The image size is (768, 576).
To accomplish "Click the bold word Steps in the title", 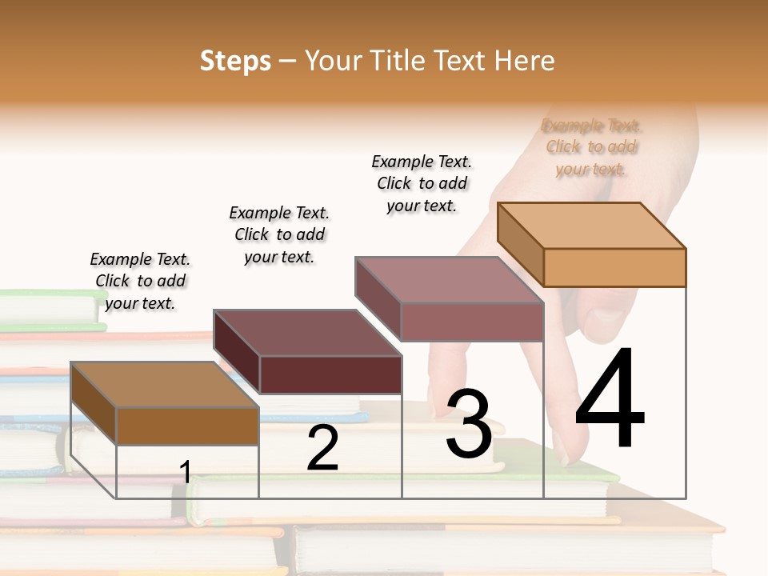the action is point(235,61).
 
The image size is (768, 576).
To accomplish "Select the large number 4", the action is point(610,399).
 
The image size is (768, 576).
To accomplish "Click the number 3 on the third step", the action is point(469,424).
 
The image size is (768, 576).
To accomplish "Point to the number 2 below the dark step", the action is point(322,448).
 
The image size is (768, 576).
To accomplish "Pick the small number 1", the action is point(185,472).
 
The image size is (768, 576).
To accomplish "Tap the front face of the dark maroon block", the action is point(330,374).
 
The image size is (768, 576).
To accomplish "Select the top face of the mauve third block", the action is point(449,280).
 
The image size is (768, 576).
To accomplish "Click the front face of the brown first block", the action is point(187,426).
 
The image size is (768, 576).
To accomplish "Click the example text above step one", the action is point(140,281).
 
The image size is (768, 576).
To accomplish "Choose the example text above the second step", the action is point(279,234).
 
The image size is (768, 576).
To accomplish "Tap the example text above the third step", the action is point(422,183).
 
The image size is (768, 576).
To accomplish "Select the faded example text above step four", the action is point(591,147).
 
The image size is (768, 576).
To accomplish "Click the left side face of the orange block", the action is point(520,243).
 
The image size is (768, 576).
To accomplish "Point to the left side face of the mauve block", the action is point(378,298).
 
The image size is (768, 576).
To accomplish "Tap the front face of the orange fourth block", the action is point(614,267).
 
